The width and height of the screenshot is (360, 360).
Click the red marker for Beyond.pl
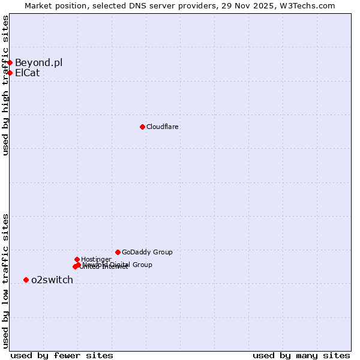10,62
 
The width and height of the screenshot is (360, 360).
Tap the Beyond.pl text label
38,62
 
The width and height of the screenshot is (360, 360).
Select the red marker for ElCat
10,73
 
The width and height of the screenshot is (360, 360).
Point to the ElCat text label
27,73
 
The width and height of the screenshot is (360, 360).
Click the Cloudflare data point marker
142,127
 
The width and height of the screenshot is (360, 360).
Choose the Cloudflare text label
163,127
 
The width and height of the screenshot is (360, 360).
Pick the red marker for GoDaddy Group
118,252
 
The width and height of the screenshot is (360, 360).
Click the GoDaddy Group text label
147,252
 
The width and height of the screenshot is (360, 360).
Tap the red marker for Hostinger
77,259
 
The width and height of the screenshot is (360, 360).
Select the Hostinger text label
96,259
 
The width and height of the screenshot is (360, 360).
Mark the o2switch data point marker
26,280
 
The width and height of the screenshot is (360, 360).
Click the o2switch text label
52,280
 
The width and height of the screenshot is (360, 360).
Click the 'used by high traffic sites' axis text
5,85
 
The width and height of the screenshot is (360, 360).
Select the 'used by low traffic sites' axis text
5,280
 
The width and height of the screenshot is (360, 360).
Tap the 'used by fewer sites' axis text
62,355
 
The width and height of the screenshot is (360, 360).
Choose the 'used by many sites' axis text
301,355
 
